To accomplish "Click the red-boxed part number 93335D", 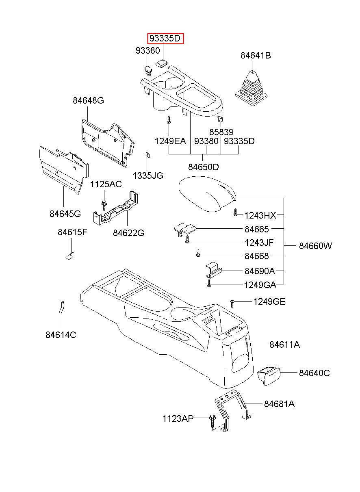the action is click(165, 39).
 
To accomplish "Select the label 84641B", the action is click(256, 55).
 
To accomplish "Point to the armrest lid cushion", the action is click(207, 194).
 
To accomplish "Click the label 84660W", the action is click(315, 246).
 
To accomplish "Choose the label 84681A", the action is click(279, 404).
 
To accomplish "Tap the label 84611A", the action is click(284, 345).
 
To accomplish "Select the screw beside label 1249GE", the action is click(232, 304).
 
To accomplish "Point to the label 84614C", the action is click(61, 335).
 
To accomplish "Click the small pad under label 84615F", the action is click(70, 256).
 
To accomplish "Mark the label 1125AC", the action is click(106, 184).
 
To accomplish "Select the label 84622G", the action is click(128, 233).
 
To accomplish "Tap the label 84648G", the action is click(88, 100).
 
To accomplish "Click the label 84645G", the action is click(65, 213).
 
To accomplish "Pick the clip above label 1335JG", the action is click(148, 155).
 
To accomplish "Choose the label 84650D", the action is click(204, 167).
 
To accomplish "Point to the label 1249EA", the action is click(170, 141).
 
